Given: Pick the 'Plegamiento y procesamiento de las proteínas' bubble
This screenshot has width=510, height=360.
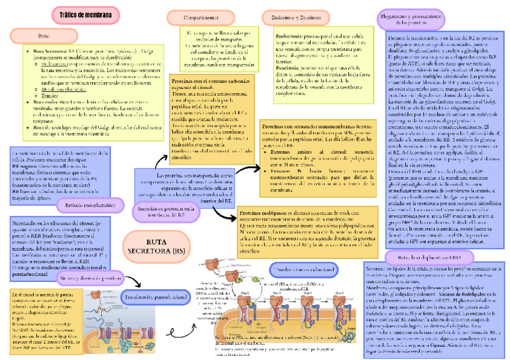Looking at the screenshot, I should [415, 19].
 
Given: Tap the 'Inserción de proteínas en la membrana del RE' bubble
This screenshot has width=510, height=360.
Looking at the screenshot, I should [165, 210].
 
